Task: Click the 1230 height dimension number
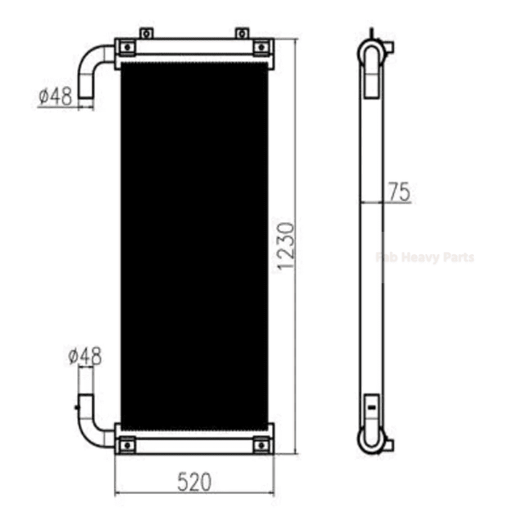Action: click(286, 246)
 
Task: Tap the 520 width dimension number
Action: click(194, 482)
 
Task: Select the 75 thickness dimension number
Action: click(399, 192)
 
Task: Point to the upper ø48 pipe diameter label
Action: click(56, 97)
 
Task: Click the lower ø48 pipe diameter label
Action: click(85, 356)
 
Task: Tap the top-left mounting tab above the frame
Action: click(146, 33)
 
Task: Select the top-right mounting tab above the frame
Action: click(241, 33)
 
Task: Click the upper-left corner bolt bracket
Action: click(127, 47)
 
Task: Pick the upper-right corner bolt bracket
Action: click(262, 47)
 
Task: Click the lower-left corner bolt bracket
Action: click(127, 445)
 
